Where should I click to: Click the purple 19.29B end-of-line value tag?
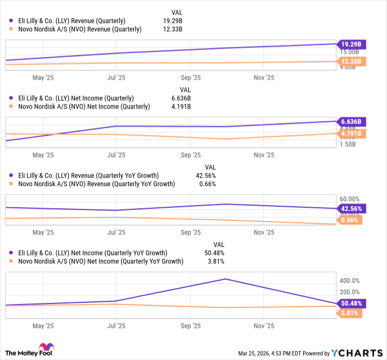click(x=351, y=44)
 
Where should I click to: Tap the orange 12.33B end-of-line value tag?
click(x=351, y=62)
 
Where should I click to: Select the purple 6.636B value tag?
click(x=351, y=121)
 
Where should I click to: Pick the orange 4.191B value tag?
click(x=351, y=133)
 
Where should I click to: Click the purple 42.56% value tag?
click(x=350, y=209)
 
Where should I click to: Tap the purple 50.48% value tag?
click(x=350, y=303)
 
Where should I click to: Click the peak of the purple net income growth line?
click(x=226, y=279)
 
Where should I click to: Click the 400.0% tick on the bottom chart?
click(x=348, y=280)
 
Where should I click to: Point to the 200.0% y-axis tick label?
click(x=348, y=292)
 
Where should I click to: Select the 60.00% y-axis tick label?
click(x=348, y=199)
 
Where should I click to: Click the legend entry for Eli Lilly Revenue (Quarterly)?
click(x=75, y=20)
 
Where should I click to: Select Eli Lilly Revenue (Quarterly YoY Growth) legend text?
click(x=89, y=175)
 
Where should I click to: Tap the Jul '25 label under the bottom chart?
click(x=116, y=326)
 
